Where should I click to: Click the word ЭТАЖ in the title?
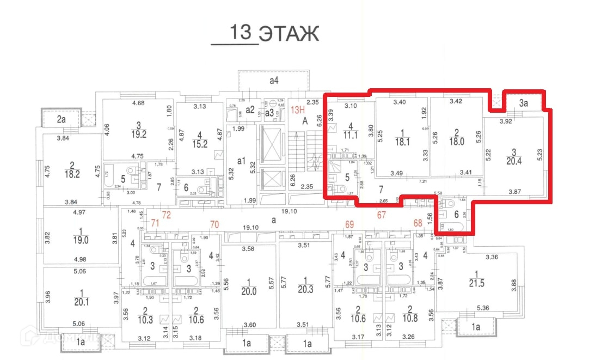click(288, 33)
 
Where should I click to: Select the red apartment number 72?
click(166, 215)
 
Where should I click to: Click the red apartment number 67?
click(381, 215)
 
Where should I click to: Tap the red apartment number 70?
click(214, 224)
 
